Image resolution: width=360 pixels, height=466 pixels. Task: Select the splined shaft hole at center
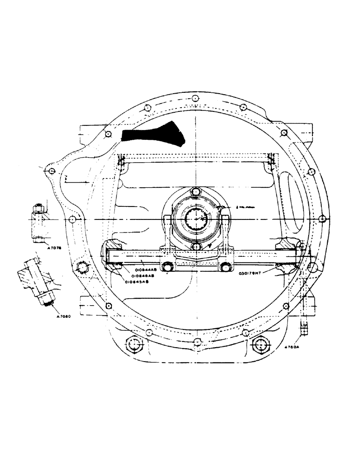click(x=196, y=218)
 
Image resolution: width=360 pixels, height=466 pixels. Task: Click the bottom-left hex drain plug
click(x=134, y=345)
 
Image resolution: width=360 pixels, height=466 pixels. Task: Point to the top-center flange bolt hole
click(x=193, y=98)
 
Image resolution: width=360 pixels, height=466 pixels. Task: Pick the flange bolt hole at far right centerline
click(x=322, y=218)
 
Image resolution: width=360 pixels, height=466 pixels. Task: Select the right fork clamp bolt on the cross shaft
click(x=226, y=267)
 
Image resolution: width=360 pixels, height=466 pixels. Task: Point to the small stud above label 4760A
click(x=304, y=329)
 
